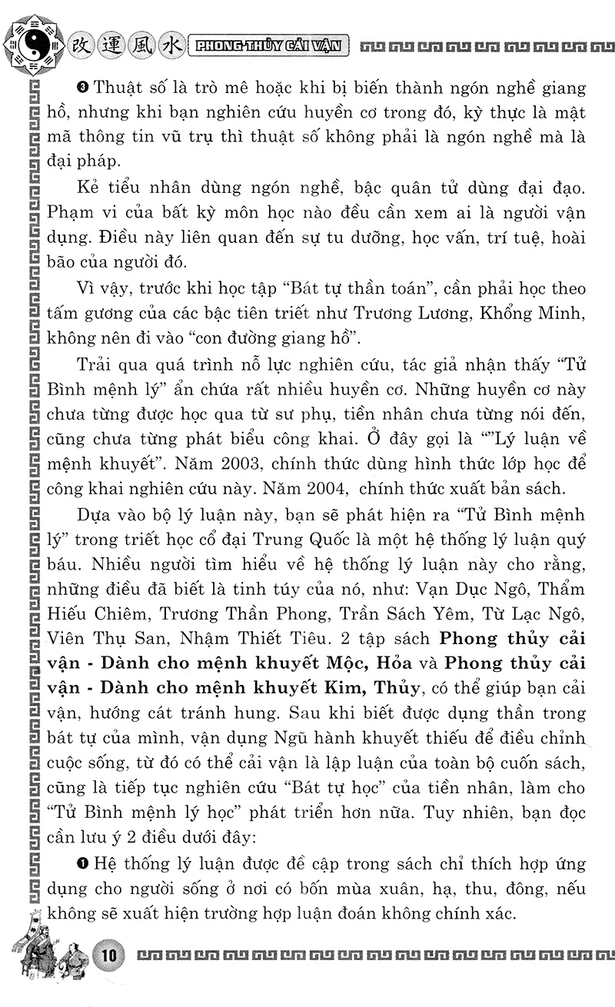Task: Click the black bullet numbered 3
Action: (x=83, y=87)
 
